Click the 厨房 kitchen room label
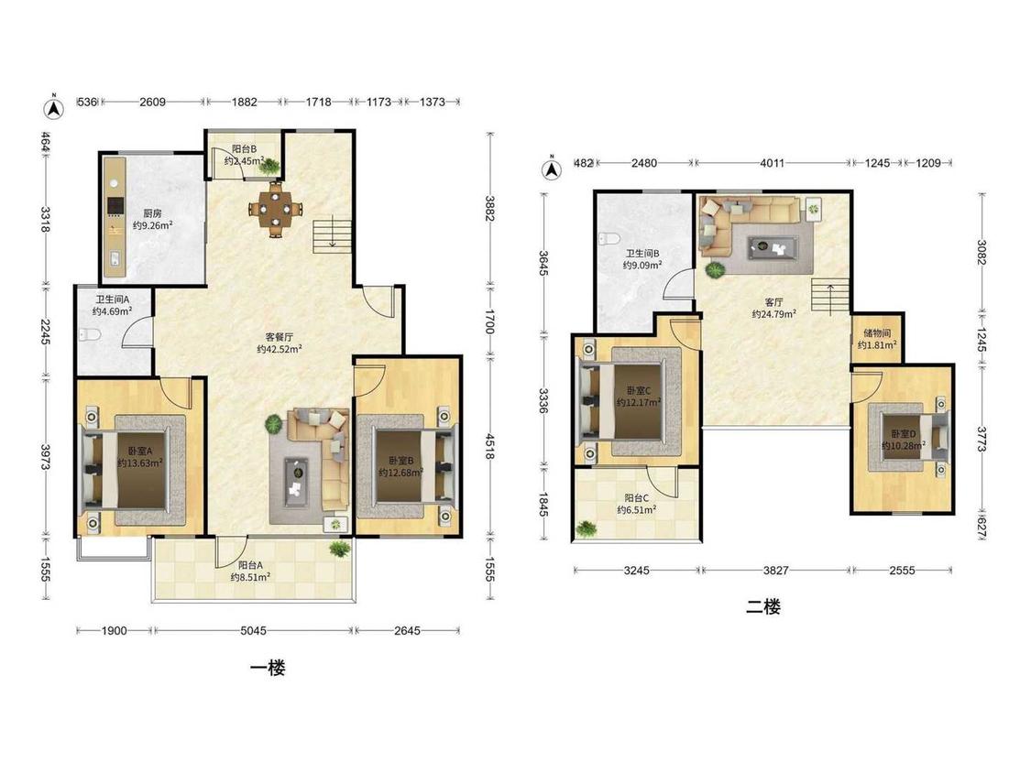(152, 213)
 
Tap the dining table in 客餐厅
(276, 210)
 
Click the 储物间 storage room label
(877, 333)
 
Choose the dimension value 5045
(253, 631)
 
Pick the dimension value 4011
(772, 163)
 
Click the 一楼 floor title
(268, 670)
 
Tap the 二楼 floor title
(763, 606)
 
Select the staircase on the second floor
(830, 295)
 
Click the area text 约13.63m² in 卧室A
(140, 463)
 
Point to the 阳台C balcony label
(637, 498)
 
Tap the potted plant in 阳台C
(586, 528)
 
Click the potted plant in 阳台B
(269, 167)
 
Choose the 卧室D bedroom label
(904, 434)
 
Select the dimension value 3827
(776, 571)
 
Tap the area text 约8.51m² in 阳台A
(250, 577)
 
